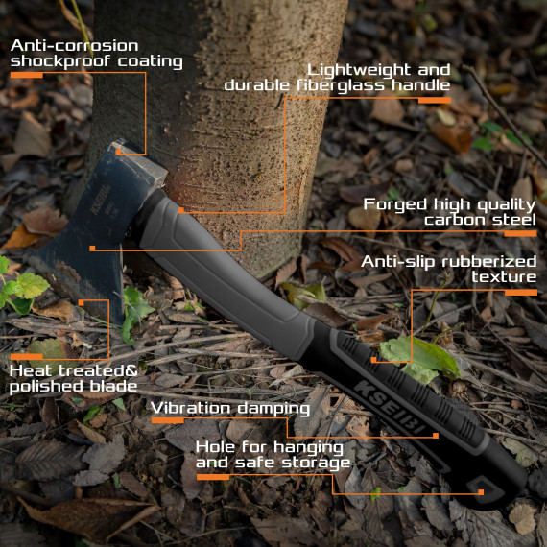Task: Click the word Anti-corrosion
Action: (75, 45)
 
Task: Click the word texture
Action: (504, 277)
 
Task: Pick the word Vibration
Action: (192, 408)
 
